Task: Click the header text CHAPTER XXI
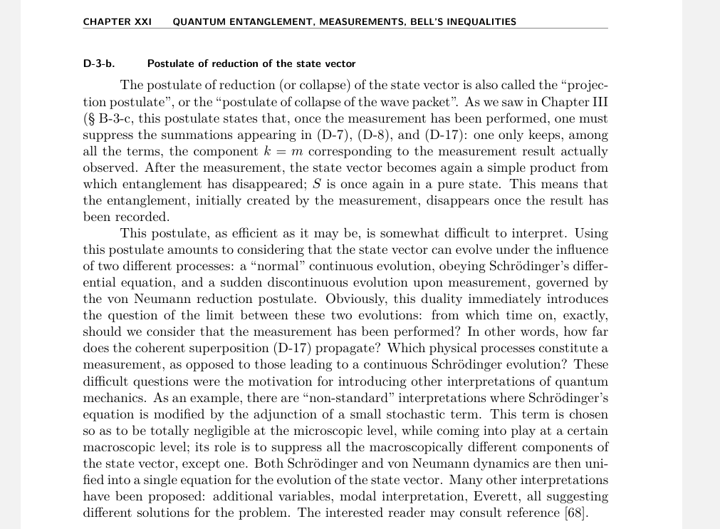118,21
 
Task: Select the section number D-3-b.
99,63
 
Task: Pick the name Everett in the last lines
460,496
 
